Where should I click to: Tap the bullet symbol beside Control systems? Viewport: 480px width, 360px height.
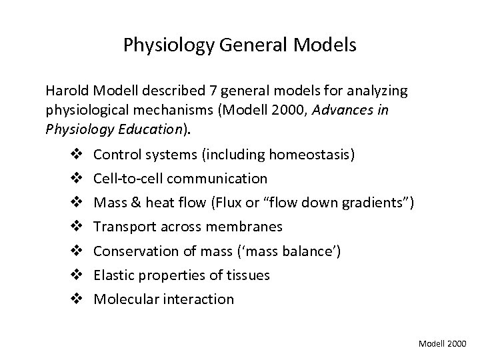[74, 155]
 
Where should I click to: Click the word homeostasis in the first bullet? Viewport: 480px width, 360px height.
[312, 155]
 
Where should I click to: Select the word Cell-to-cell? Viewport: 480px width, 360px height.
[127, 179]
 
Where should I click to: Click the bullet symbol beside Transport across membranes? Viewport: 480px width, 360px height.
[74, 227]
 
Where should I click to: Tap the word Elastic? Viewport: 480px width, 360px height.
[113, 275]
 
